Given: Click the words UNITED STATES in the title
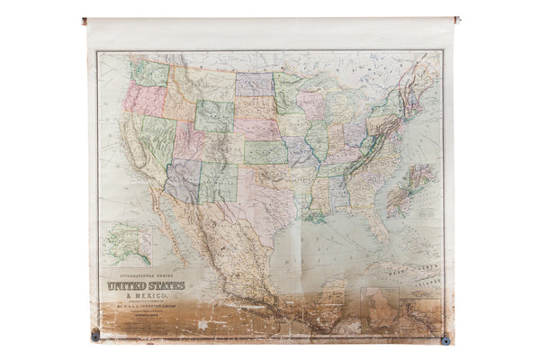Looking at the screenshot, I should (146, 287).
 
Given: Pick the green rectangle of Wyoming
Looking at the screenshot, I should (213, 116).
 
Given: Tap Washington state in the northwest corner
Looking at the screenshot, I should (149, 71).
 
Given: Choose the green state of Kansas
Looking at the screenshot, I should (265, 151).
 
